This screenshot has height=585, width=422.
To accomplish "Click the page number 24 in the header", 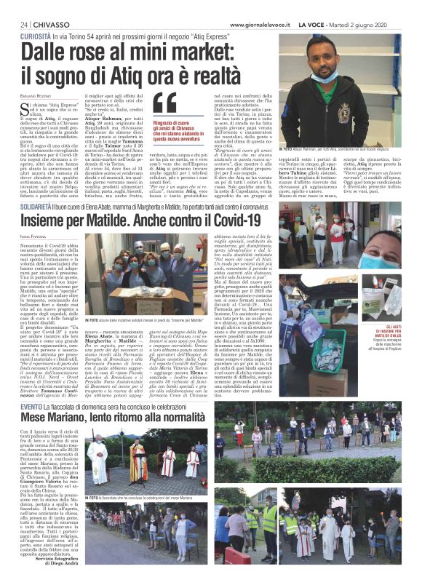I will point(24,24).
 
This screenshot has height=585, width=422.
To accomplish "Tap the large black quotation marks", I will point(165,103).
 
